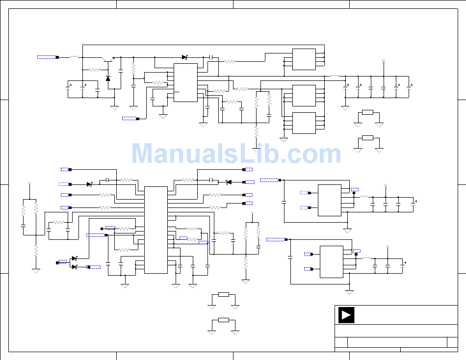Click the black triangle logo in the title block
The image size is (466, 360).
click(346, 315)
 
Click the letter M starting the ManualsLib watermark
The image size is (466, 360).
click(143, 154)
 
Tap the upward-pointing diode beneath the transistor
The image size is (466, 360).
click(108, 78)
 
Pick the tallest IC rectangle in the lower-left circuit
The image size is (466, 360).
click(155, 230)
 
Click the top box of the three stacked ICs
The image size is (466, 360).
click(304, 59)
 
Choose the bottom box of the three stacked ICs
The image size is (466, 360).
click(304, 123)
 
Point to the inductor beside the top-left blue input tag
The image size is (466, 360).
click(74, 57)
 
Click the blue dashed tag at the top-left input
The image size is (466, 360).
click(47, 57)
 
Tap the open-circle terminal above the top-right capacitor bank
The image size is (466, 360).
click(383, 61)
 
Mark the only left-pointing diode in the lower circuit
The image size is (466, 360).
click(228, 182)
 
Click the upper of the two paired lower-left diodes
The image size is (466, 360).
click(74, 258)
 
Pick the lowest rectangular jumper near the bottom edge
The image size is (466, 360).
click(224, 320)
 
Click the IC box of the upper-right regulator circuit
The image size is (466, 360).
click(329, 200)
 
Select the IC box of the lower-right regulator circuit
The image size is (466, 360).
click(331, 261)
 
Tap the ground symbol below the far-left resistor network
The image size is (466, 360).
click(36, 270)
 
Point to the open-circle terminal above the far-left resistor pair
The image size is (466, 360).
click(30, 183)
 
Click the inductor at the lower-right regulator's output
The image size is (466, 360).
click(366, 257)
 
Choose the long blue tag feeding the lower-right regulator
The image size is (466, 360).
click(276, 239)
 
